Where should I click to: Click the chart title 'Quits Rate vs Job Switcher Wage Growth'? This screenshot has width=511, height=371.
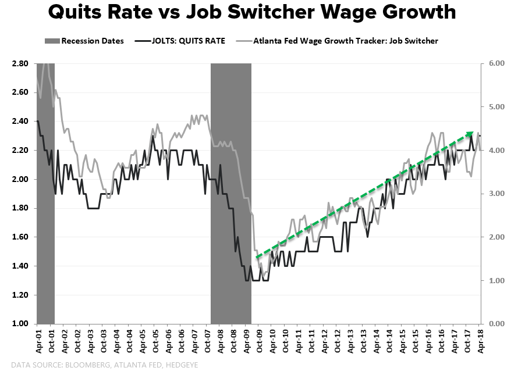point(252,13)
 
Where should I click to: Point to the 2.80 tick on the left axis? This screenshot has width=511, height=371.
point(20,63)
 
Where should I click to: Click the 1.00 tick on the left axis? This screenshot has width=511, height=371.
point(20,324)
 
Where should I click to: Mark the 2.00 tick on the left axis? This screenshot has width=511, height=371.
point(20,179)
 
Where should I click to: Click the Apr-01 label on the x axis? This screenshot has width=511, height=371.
point(39,341)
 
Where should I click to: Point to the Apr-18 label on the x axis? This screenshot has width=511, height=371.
point(481,341)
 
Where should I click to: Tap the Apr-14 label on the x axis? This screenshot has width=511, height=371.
point(377,341)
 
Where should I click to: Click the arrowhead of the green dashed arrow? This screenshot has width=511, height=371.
point(471,134)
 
